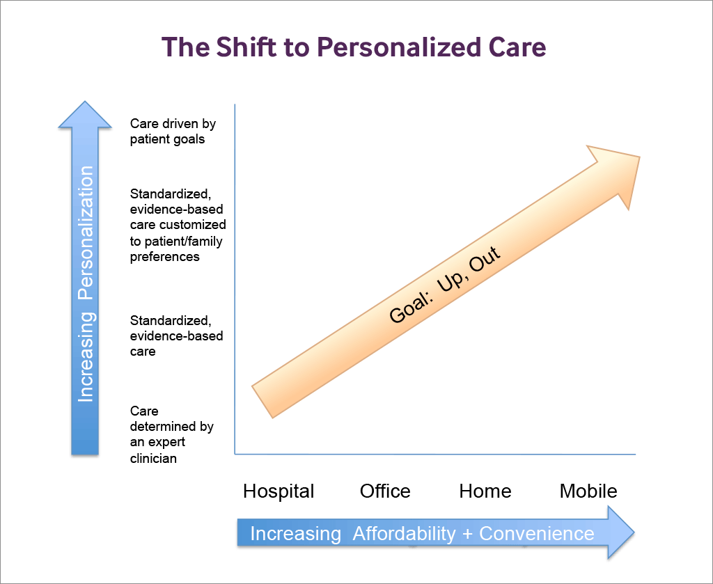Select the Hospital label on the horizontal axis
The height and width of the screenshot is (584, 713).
(x=279, y=491)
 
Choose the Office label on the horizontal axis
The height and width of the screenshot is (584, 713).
(x=385, y=491)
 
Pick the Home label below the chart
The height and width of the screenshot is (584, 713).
(x=485, y=491)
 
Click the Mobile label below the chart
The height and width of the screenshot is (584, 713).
(x=588, y=491)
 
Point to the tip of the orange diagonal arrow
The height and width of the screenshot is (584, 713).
(x=640, y=157)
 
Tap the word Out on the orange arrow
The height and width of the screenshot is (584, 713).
(x=485, y=259)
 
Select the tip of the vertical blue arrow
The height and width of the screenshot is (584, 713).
(x=84, y=102)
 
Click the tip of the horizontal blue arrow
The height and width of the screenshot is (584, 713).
(x=634, y=532)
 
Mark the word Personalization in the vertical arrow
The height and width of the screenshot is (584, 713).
(x=86, y=232)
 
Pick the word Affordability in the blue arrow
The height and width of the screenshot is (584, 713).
(x=405, y=534)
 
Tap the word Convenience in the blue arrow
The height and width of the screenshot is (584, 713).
(x=537, y=534)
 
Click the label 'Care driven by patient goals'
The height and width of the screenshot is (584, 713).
(x=173, y=132)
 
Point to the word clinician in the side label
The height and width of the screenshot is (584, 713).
(x=153, y=458)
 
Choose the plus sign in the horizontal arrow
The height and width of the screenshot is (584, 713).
(x=467, y=534)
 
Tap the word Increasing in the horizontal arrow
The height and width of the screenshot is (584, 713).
(x=295, y=534)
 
